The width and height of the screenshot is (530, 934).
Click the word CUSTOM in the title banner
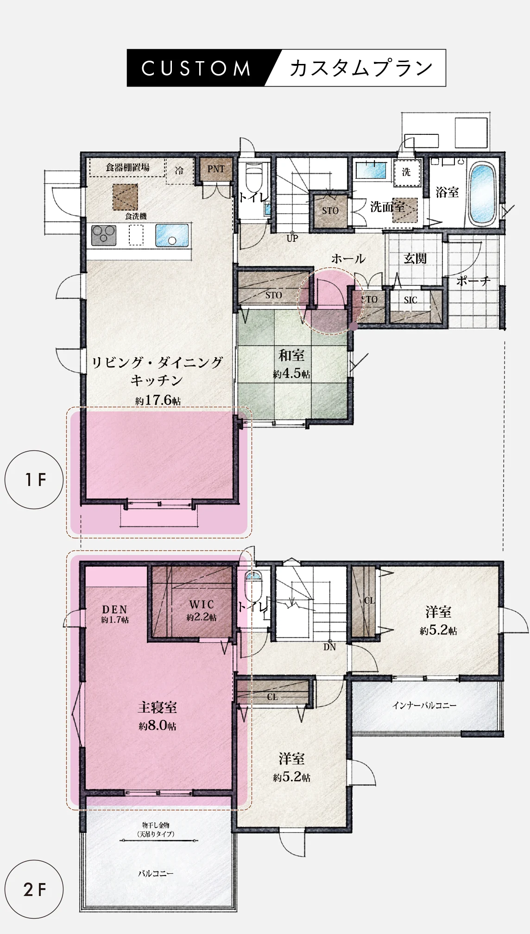tap(196, 68)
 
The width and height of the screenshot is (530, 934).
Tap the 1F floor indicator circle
tap(34, 480)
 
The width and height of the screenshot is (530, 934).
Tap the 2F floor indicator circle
tap(34, 890)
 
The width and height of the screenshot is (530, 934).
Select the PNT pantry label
tap(216, 169)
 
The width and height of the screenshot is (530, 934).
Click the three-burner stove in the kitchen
tap(104, 235)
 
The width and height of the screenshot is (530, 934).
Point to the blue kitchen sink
tap(172, 235)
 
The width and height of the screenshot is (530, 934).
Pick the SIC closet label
tap(410, 300)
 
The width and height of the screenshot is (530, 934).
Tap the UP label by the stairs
tap(292, 239)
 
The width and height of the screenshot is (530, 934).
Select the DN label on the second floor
tap(329, 647)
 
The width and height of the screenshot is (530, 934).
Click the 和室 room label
tap(291, 355)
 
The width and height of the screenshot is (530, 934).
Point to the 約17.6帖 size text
tap(158, 400)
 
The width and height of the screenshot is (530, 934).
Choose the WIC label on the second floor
tap(202, 604)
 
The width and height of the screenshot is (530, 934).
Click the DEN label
tap(114, 610)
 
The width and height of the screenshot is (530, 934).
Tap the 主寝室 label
tap(158, 707)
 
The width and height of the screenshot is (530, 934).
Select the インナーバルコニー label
tap(424, 706)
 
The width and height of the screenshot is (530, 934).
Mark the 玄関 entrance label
tap(415, 258)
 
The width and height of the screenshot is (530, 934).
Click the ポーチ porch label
tap(473, 281)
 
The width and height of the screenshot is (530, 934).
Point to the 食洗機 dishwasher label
tap(136, 216)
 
